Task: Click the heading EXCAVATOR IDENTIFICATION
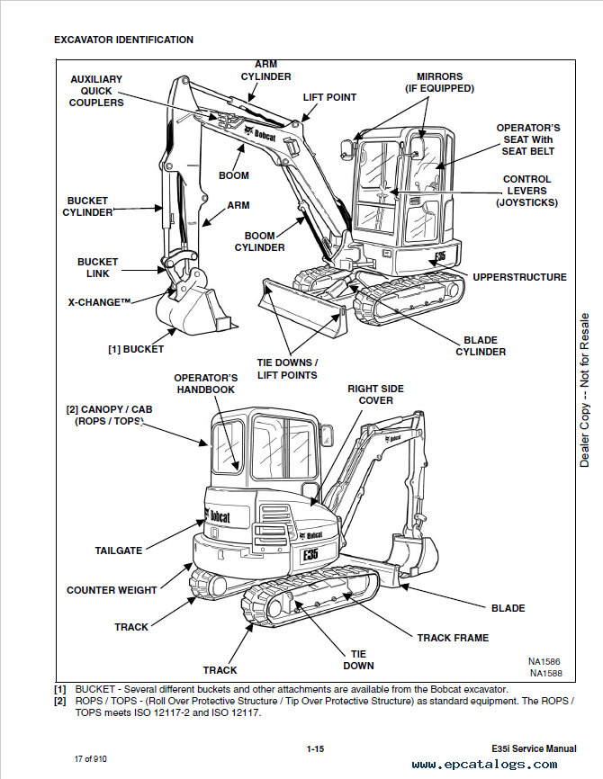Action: coord(123,40)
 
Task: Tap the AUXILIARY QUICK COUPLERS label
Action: coord(96,91)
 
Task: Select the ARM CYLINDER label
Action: coord(265,70)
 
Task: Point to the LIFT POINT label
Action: coord(329,97)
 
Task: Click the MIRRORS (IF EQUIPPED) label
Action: coord(439,83)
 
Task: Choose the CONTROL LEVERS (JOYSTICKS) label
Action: coord(526,191)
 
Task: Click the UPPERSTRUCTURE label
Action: coord(519,277)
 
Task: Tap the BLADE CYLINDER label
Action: coord(484,346)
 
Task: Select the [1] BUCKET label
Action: coord(136,349)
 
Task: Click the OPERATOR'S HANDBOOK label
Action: coord(205,383)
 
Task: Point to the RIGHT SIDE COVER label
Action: coord(375,394)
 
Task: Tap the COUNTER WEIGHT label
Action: coord(112,591)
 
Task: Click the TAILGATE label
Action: coord(118,551)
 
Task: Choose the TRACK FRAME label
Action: coord(453,638)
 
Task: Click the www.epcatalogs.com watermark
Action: coord(484,765)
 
